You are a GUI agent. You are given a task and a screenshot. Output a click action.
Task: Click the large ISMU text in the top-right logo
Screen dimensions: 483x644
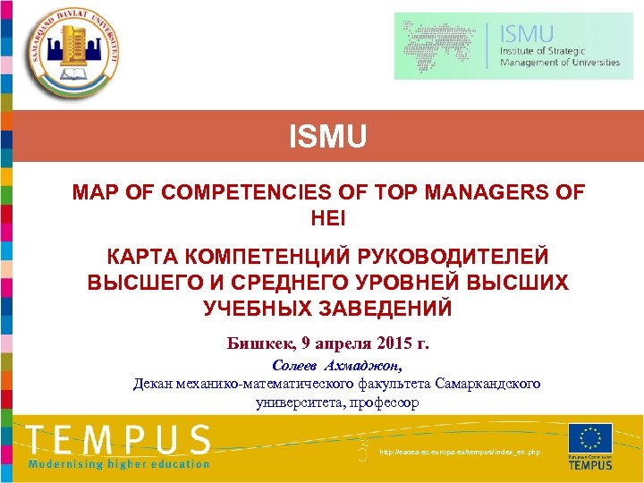[x=528, y=34]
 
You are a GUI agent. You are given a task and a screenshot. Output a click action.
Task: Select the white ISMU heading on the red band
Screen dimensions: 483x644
[x=327, y=138]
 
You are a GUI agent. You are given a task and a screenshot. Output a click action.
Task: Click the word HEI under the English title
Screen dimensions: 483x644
[x=327, y=217]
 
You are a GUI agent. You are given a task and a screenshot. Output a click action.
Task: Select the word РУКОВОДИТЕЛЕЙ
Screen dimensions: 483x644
[x=453, y=257]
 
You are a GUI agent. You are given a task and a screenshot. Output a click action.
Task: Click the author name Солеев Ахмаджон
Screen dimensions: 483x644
[x=336, y=366]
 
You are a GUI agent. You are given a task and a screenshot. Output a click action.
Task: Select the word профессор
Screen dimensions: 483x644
[x=379, y=402]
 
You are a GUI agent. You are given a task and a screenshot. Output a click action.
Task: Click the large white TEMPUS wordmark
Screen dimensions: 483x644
[x=119, y=440]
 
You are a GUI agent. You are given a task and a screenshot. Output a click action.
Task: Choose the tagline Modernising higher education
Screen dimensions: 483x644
[x=119, y=463]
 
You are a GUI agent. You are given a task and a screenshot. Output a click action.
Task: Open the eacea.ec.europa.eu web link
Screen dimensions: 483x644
[x=460, y=453]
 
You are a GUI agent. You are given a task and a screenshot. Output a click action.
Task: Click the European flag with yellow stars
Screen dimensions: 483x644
[x=590, y=438]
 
